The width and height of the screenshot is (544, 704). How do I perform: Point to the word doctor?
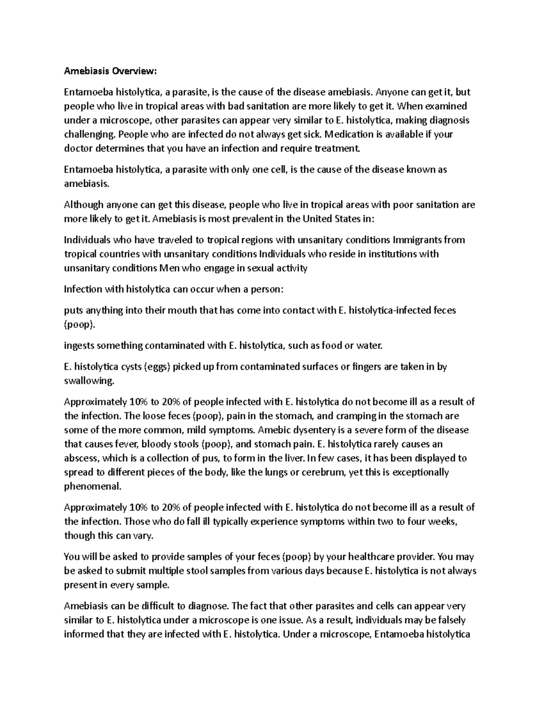78,148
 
